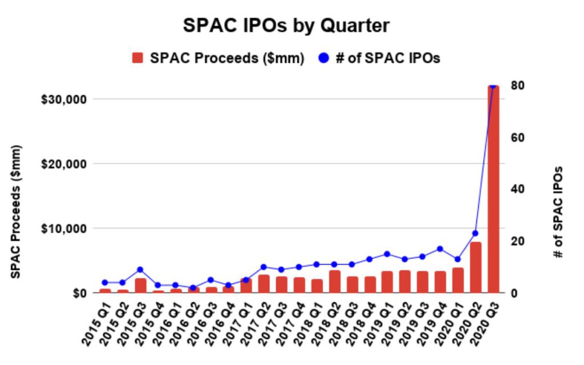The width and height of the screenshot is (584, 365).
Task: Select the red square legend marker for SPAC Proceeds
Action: coord(137,58)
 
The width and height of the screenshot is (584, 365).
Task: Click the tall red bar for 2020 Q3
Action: coord(493,188)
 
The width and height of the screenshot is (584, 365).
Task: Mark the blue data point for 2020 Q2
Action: coord(475,233)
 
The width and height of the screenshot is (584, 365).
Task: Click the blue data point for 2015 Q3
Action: coord(140,270)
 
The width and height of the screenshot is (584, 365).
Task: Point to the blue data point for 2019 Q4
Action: coord(440,249)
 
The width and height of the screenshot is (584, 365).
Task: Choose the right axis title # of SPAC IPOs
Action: coord(559,212)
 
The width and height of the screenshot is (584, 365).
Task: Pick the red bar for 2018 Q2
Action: coord(335,282)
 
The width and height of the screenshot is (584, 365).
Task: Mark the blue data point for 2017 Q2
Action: coord(263,267)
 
